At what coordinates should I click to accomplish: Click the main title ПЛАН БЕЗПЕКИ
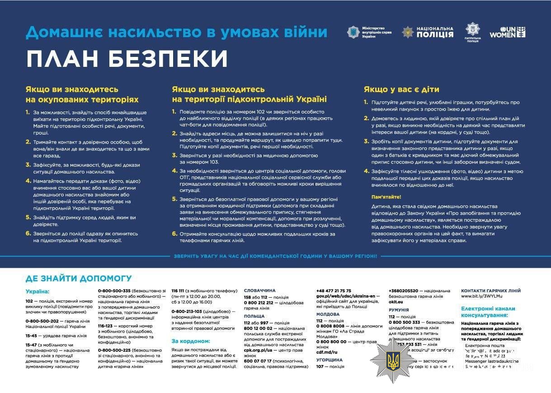tap(127, 59)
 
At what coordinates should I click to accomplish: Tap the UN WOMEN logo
tap(508, 32)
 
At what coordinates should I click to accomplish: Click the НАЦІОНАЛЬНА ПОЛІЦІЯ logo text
tap(434, 32)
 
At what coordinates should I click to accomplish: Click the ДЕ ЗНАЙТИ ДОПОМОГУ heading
tap(79, 278)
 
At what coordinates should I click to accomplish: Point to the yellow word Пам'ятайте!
tap(386, 197)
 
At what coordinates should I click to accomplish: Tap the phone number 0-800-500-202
tap(42, 321)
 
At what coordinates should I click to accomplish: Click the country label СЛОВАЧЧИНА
tap(259, 290)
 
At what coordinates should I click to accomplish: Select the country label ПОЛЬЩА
tap(254, 316)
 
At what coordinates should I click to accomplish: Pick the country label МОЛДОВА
tap(328, 314)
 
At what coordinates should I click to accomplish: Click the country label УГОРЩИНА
tap(330, 360)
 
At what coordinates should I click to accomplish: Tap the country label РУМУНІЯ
tap(399, 310)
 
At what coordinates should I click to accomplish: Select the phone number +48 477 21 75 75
tap(334, 290)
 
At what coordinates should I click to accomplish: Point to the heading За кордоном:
tap(191, 341)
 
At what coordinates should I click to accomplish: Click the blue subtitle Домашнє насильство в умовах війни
tap(176, 32)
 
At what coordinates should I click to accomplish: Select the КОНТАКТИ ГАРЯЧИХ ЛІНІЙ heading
tap(490, 290)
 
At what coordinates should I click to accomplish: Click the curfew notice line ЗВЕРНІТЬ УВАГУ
tap(275, 256)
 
